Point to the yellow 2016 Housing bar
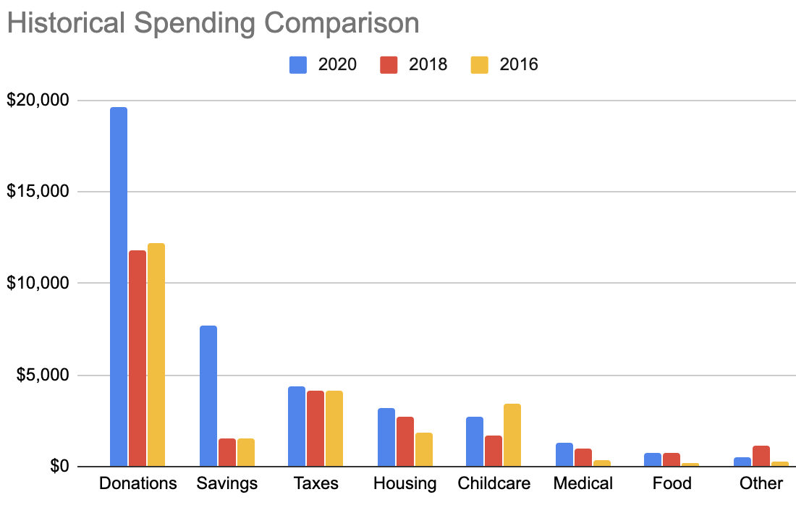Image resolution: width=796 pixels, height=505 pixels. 423,449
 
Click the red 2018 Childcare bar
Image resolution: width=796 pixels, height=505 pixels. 493,451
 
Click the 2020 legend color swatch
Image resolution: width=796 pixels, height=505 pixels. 298,64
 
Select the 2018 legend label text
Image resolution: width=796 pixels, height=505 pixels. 428,64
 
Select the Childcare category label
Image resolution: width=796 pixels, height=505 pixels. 494,483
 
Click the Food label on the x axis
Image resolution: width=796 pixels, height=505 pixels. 672,483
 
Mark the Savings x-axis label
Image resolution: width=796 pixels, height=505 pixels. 226,483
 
